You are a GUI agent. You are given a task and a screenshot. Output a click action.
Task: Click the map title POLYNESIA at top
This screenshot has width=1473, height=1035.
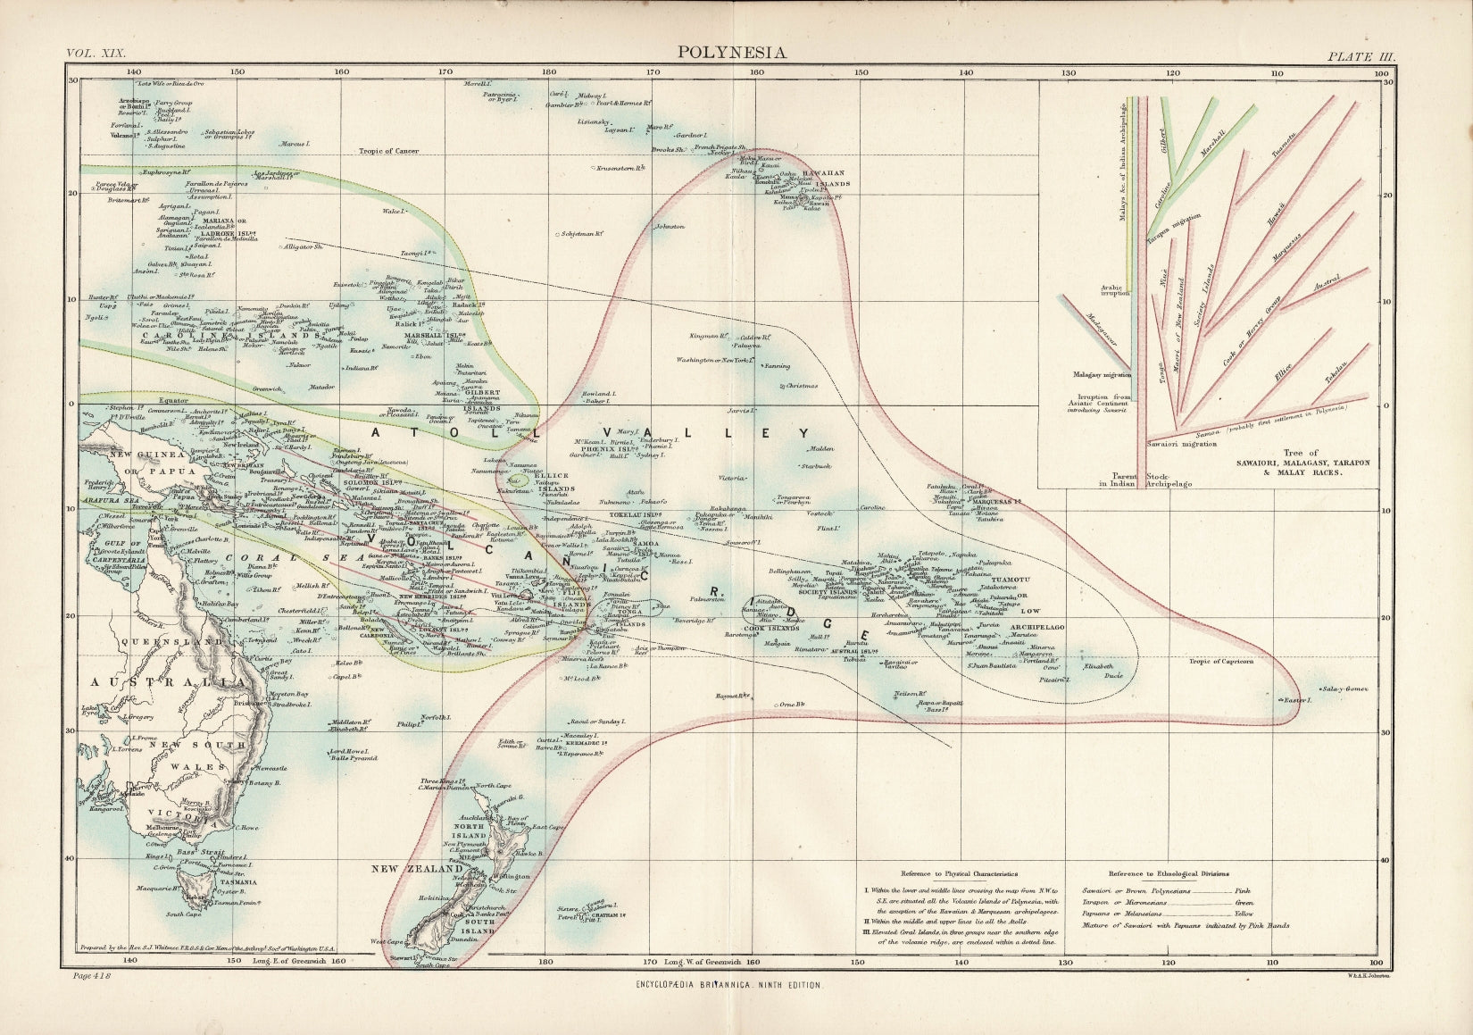pyautogui.click(x=731, y=52)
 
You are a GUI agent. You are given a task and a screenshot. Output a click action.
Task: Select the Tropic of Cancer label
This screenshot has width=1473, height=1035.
pyautogui.click(x=390, y=151)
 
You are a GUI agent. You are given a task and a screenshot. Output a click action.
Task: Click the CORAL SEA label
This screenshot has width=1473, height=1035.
pyautogui.click(x=264, y=558)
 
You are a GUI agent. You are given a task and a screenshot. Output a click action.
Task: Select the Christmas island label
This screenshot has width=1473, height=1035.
pyautogui.click(x=801, y=386)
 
